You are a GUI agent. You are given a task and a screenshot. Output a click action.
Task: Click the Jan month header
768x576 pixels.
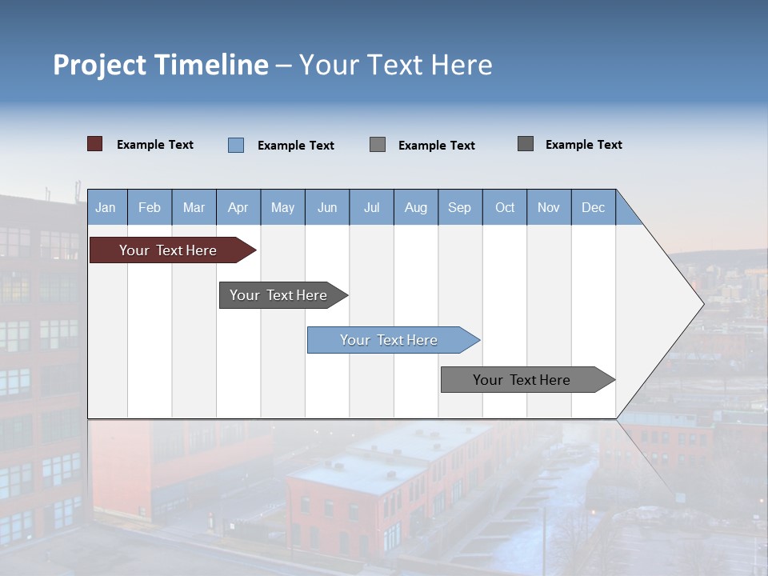tap(106, 207)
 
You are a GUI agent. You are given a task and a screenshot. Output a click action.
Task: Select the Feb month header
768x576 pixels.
tap(150, 207)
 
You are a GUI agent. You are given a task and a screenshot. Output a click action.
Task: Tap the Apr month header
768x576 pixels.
tap(238, 207)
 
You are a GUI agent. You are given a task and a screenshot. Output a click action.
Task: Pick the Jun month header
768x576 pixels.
tap(327, 207)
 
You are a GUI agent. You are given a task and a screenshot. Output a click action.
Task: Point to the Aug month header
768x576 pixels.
tap(416, 207)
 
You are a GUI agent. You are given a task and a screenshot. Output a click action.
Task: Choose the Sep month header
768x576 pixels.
tap(460, 207)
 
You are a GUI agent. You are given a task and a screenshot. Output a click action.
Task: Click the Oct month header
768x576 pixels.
tap(505, 207)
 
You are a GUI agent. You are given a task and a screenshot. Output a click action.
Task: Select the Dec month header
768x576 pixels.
tap(594, 207)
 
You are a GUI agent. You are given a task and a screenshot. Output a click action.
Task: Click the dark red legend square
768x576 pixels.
tap(94, 144)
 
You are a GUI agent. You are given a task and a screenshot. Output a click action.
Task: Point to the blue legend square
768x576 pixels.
tap(235, 145)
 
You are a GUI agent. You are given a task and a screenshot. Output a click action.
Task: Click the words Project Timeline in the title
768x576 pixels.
tap(161, 65)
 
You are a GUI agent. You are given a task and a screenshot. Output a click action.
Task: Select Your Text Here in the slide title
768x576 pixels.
tap(396, 65)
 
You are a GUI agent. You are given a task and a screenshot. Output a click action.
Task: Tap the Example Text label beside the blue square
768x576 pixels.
tap(296, 146)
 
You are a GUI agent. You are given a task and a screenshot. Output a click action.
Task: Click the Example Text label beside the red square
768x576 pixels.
tap(155, 145)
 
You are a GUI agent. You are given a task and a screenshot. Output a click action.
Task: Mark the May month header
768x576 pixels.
tap(282, 207)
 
